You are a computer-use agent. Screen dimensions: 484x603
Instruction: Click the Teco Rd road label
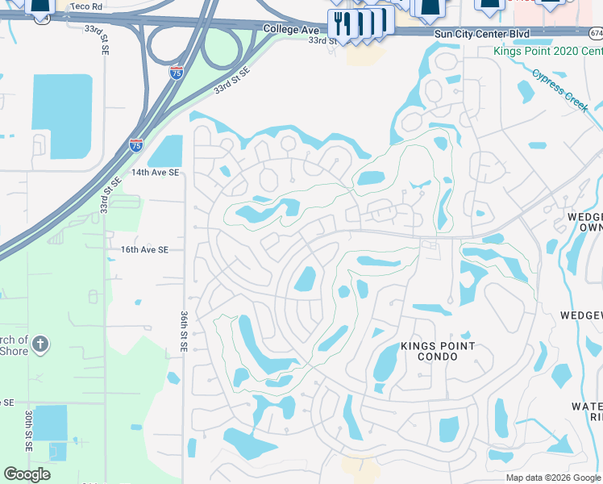click(87, 6)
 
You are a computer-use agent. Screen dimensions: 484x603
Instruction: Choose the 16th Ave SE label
click(144, 250)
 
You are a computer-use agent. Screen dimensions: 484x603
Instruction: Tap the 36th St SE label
click(185, 333)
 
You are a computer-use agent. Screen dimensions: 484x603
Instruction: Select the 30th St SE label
click(28, 428)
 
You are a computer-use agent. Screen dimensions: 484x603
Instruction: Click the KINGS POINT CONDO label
click(438, 351)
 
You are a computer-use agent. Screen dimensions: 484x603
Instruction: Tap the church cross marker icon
click(40, 346)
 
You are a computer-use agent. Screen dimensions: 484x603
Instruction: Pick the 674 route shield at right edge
click(596, 33)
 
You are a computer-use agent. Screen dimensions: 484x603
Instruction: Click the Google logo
click(27, 474)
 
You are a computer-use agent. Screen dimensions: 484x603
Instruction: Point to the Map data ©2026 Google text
click(553, 478)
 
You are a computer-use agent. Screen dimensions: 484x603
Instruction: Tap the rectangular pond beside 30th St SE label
click(51, 423)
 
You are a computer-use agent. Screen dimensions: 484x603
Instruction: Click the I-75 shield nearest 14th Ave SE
click(136, 145)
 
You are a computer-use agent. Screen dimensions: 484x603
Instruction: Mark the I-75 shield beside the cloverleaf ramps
click(176, 73)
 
